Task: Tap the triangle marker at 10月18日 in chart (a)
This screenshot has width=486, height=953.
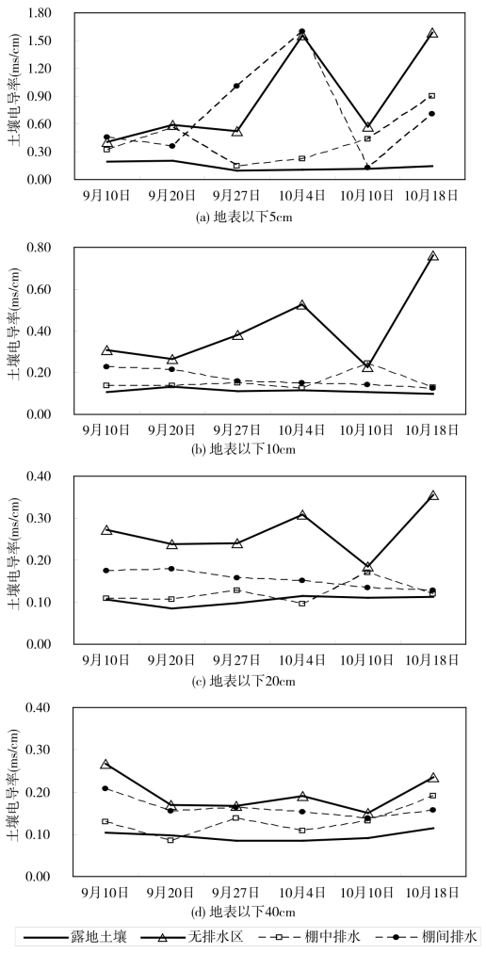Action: pyautogui.click(x=432, y=33)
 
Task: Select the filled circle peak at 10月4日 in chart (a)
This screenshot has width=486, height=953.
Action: pyautogui.click(x=301, y=31)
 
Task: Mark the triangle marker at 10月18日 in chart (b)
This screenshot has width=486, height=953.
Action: pyautogui.click(x=432, y=256)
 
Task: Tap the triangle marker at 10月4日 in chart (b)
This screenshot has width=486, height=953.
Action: pyautogui.click(x=301, y=304)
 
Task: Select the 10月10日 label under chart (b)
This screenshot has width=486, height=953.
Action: pyautogui.click(x=367, y=429)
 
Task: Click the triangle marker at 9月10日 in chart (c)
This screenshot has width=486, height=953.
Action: pyautogui.click(x=106, y=530)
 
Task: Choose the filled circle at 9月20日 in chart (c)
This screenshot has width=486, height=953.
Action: pyautogui.click(x=172, y=569)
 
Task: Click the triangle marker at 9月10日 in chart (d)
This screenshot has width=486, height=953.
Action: pyautogui.click(x=105, y=764)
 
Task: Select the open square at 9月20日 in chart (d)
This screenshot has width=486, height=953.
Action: pyautogui.click(x=170, y=840)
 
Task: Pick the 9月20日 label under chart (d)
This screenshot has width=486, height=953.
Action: pyautogui.click(x=172, y=892)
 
